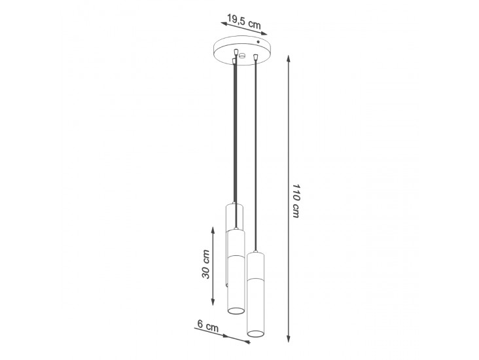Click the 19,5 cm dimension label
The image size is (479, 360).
244,22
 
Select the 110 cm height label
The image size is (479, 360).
295,201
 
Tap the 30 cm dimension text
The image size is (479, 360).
206,264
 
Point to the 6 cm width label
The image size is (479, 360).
208,326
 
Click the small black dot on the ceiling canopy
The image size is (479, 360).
258,42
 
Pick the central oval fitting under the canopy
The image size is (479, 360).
242,56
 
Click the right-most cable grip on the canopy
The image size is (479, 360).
255,56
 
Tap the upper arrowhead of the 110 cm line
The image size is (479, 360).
288,59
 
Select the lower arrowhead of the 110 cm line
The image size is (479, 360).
288,338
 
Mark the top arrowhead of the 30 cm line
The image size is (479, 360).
213,230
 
